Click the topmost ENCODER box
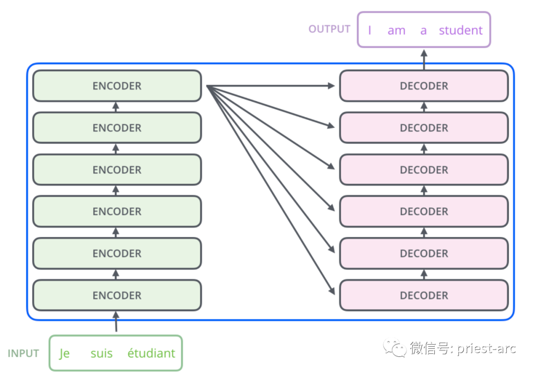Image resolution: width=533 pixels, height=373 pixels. (x=117, y=86)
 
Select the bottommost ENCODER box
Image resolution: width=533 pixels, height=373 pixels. (x=117, y=295)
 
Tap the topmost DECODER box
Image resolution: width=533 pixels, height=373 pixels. (x=424, y=86)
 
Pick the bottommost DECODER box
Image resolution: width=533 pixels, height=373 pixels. (x=424, y=295)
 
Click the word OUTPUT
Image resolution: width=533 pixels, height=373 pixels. (x=329, y=29)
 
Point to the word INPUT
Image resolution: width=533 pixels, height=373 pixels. (x=23, y=354)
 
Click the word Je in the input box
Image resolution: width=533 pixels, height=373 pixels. (x=64, y=354)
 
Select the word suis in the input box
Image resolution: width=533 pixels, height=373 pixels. (x=102, y=354)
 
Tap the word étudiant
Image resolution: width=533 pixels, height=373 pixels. (x=151, y=354)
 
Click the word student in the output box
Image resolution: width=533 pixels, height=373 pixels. (x=460, y=31)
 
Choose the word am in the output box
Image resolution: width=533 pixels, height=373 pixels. (x=396, y=31)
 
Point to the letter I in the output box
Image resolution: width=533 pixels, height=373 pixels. (x=370, y=31)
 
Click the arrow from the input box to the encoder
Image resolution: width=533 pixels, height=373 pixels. (x=116, y=322)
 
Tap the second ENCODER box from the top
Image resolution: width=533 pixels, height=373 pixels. (x=117, y=128)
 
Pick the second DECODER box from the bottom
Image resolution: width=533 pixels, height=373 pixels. (x=424, y=253)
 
